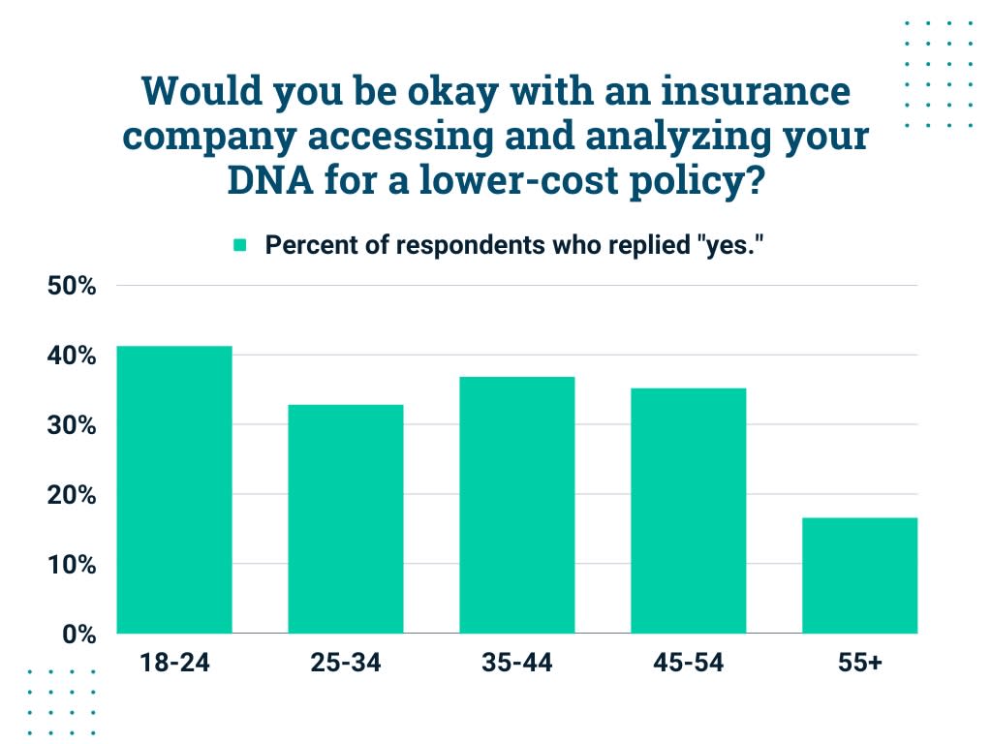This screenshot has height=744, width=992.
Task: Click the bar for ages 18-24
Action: (x=174, y=489)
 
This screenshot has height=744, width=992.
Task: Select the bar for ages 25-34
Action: (x=346, y=518)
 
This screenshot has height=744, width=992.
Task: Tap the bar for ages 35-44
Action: (x=517, y=505)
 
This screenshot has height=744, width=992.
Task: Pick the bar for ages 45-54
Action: (x=688, y=511)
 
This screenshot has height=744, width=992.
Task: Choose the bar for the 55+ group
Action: (x=859, y=575)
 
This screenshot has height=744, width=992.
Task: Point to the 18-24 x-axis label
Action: (x=174, y=664)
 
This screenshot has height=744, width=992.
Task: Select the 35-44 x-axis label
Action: (x=517, y=664)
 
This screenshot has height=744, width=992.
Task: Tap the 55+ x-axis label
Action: (x=859, y=664)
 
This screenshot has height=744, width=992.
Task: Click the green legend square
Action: (x=240, y=246)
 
